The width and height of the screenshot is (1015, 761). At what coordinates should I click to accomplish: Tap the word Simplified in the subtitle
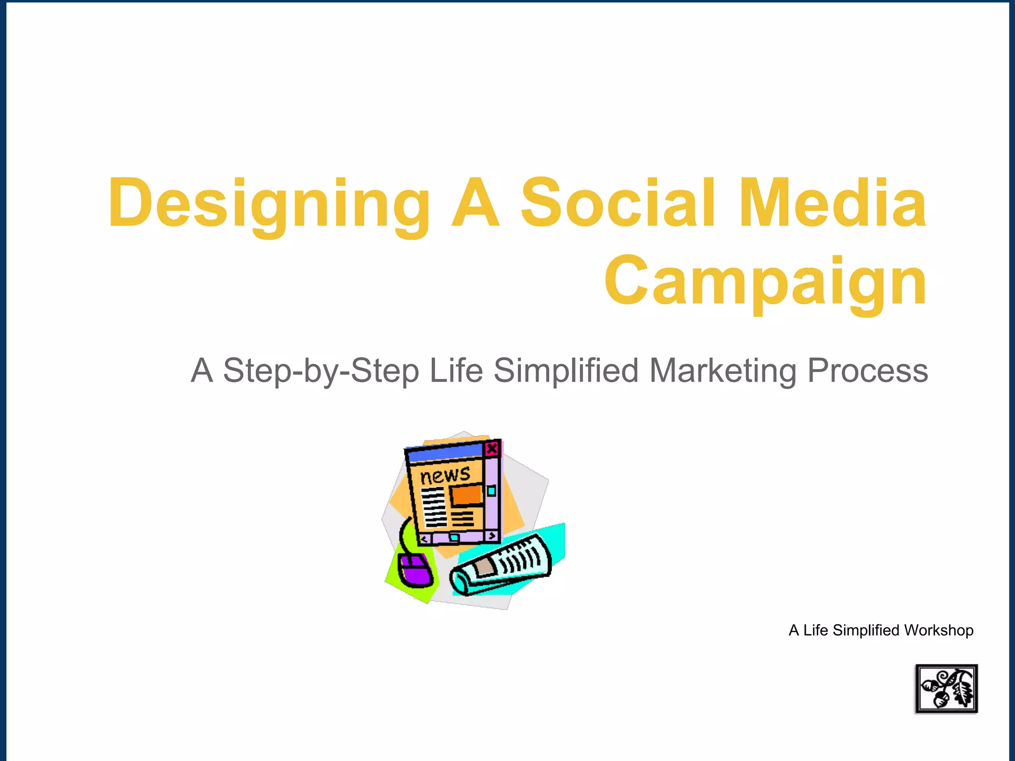[x=566, y=371]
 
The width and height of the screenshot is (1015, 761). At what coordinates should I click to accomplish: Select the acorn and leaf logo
[x=946, y=689]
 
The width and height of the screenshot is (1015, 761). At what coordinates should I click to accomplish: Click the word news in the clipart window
[x=445, y=475]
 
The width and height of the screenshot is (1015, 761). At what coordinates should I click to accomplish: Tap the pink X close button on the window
[x=492, y=449]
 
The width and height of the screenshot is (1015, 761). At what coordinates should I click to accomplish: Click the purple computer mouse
[x=415, y=570]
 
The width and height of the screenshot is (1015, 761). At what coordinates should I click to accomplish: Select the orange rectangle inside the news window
[x=466, y=494]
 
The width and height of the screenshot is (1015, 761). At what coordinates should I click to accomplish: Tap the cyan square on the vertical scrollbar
[x=491, y=491]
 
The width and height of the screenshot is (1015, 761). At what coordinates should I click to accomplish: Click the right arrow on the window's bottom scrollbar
[x=492, y=536]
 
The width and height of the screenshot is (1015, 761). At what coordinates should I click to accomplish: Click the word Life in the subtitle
[x=455, y=371]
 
